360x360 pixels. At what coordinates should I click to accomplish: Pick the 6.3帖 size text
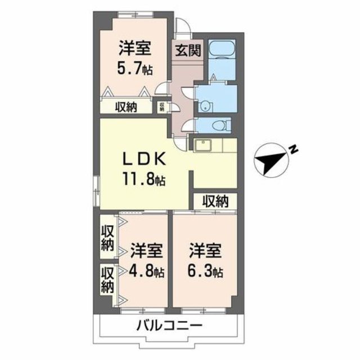point(206,272)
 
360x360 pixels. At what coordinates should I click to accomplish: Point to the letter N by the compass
point(293,148)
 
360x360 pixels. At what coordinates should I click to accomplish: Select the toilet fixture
point(223,124)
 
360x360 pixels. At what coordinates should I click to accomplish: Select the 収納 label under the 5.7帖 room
point(127,107)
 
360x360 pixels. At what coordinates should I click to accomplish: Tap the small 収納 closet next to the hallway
point(162,106)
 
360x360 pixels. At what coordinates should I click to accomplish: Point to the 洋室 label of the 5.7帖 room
point(134,48)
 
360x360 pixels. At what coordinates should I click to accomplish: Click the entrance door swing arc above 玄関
point(182,28)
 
